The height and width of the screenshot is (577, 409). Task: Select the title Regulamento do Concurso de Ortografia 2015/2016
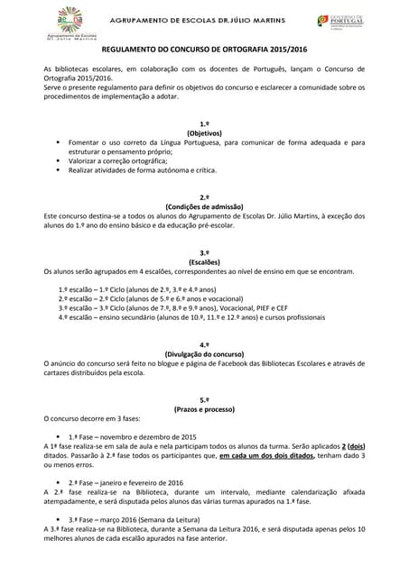[x=204, y=52]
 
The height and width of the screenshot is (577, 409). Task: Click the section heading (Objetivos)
[x=204, y=133]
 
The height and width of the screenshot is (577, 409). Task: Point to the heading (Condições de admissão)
[x=204, y=206]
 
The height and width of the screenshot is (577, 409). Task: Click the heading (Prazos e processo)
[x=204, y=408]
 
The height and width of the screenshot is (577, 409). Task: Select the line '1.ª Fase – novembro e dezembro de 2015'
[x=132, y=436]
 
